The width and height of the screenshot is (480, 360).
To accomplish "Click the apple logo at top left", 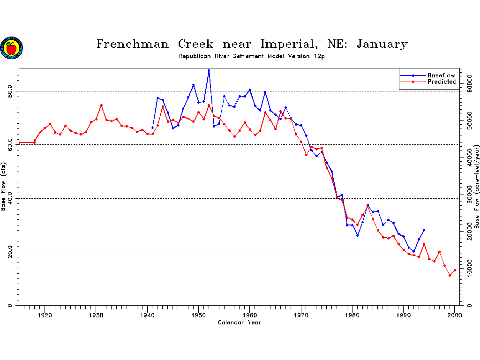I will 11,48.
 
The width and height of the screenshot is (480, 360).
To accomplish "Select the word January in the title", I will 382,45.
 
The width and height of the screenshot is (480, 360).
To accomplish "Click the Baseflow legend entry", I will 441,75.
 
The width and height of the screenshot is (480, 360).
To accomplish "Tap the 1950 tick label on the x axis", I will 199,315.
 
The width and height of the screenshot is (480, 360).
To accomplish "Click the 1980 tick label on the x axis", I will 352,315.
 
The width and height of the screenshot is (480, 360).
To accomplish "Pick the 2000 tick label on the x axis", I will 455,315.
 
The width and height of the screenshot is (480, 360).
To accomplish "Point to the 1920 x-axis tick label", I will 45,315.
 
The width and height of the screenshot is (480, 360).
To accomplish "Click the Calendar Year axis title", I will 239,322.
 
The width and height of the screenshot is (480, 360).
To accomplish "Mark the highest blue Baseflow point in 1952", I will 209,71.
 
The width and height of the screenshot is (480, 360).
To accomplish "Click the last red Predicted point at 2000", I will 455,270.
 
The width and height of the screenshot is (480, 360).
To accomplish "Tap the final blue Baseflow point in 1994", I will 424,230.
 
